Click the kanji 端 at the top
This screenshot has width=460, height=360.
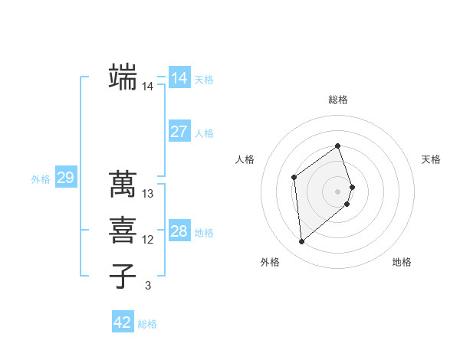[x=123, y=77]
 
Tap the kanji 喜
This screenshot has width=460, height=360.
[x=123, y=230]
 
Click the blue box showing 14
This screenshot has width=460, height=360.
[x=179, y=78]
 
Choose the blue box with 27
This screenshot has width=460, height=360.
[x=179, y=132]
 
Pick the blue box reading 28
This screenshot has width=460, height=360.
[x=179, y=231]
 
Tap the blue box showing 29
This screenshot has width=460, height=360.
[x=65, y=178]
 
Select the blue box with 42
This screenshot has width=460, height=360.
[x=123, y=322]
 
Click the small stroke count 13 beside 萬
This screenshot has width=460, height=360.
[x=148, y=195]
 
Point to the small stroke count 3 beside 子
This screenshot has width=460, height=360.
[x=148, y=286]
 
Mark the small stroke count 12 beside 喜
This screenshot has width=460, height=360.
[x=148, y=241]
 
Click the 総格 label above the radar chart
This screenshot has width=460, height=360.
[x=338, y=100]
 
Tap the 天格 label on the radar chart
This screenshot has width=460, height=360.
[x=432, y=159]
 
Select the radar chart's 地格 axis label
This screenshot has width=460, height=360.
[x=402, y=262]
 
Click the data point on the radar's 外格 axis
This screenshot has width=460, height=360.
[x=302, y=242]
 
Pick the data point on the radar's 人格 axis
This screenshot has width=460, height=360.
[x=294, y=178]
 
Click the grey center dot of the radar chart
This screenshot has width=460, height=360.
[x=338, y=191]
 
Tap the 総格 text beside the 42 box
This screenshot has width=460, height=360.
[x=147, y=324]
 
